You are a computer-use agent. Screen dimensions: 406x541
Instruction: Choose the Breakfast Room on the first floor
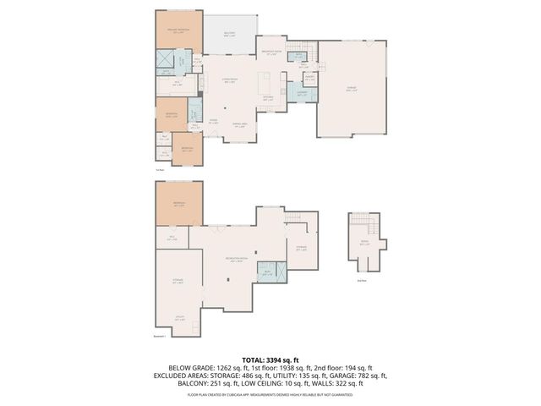coord(270,53)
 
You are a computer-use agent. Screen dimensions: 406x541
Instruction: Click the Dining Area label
coord(239,126)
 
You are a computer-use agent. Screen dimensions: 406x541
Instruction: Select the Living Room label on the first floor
coord(227,80)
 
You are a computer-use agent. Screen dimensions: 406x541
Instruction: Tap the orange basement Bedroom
coord(178,205)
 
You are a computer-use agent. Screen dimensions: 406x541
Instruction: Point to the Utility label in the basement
coord(179,320)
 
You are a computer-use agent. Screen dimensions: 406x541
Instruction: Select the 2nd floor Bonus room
coord(365,244)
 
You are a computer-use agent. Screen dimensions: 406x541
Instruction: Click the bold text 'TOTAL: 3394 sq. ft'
coord(270,359)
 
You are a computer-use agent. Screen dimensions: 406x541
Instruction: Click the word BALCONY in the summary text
coord(195,383)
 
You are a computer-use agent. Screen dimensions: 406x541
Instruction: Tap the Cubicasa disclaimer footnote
coord(270,394)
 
